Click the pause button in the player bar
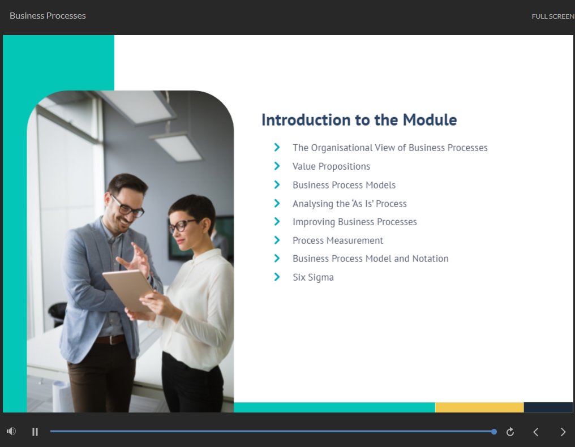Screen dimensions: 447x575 (x=35, y=432)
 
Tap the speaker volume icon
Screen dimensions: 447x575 (x=11, y=432)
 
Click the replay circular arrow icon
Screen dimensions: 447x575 (x=510, y=432)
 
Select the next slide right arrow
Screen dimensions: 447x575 (x=563, y=432)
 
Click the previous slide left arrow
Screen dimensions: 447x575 (x=535, y=432)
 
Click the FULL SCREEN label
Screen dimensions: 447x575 (x=552, y=16)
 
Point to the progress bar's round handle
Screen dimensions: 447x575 (x=494, y=432)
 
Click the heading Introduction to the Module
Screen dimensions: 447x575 (x=359, y=120)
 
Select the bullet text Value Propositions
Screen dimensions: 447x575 (x=331, y=166)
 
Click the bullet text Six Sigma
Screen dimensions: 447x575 (x=313, y=277)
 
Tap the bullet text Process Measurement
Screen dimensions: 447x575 (x=338, y=240)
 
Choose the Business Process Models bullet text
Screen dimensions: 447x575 (x=344, y=185)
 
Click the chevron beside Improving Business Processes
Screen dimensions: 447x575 (x=277, y=221)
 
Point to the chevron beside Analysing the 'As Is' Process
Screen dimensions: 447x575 (x=277, y=203)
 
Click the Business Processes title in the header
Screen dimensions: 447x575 (x=48, y=16)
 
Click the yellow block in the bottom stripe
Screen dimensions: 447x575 (x=479, y=407)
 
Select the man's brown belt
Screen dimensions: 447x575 (x=110, y=339)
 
